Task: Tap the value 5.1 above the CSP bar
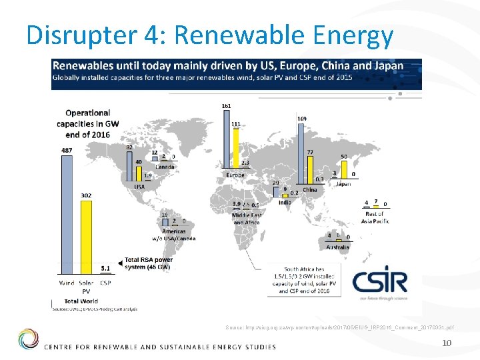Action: [105, 268]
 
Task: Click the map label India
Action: [284, 203]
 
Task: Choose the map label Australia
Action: [337, 247]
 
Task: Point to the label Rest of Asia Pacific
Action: [376, 217]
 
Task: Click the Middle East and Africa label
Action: [247, 219]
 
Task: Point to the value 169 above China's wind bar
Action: [302, 119]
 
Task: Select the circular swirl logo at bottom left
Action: [28, 339]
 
